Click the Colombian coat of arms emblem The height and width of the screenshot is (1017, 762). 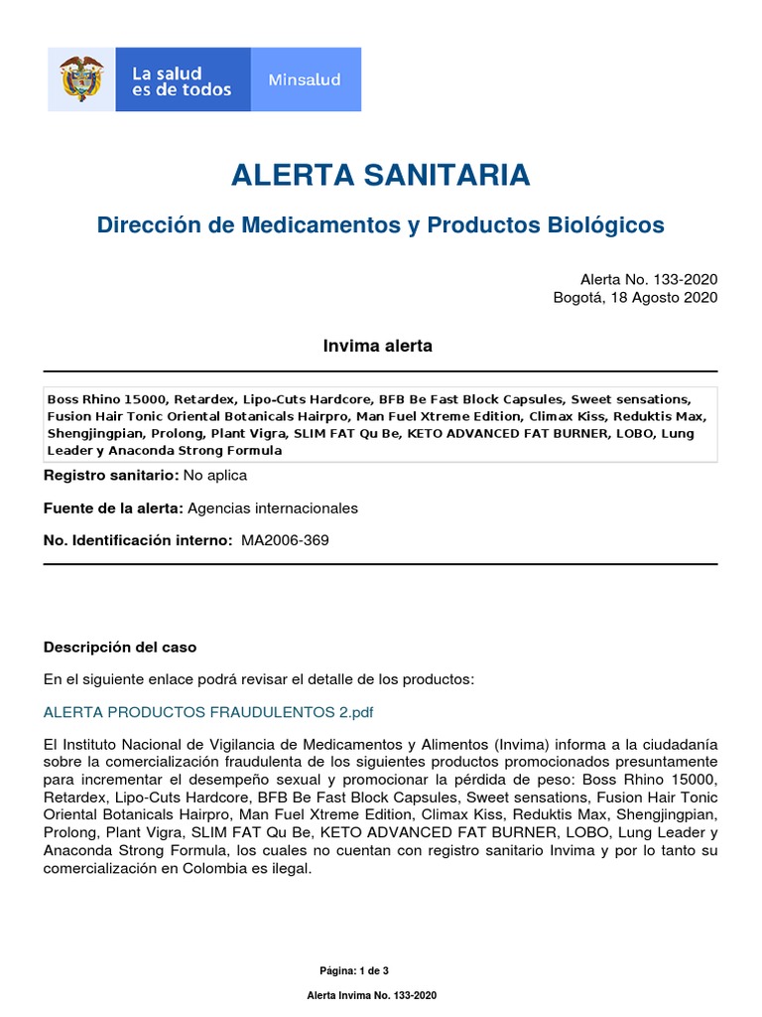[81, 79]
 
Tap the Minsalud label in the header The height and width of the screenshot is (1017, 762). [306, 79]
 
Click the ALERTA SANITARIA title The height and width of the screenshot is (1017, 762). [380, 176]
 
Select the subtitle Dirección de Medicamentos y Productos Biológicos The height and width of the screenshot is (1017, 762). [380, 225]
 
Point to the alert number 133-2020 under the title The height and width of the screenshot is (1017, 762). [649, 279]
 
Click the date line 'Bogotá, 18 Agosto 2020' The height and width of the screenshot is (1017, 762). [635, 297]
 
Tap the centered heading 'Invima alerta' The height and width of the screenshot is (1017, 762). [377, 346]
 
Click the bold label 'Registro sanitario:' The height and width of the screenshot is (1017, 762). [110, 476]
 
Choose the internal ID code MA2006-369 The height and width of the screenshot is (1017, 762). [285, 541]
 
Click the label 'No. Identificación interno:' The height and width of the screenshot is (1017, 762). [138, 541]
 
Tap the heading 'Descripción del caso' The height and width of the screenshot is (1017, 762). [120, 648]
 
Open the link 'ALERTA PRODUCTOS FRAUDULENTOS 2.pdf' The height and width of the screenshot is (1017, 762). [208, 713]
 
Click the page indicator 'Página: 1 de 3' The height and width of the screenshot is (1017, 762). [360, 970]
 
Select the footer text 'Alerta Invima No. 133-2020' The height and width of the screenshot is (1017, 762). [371, 995]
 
